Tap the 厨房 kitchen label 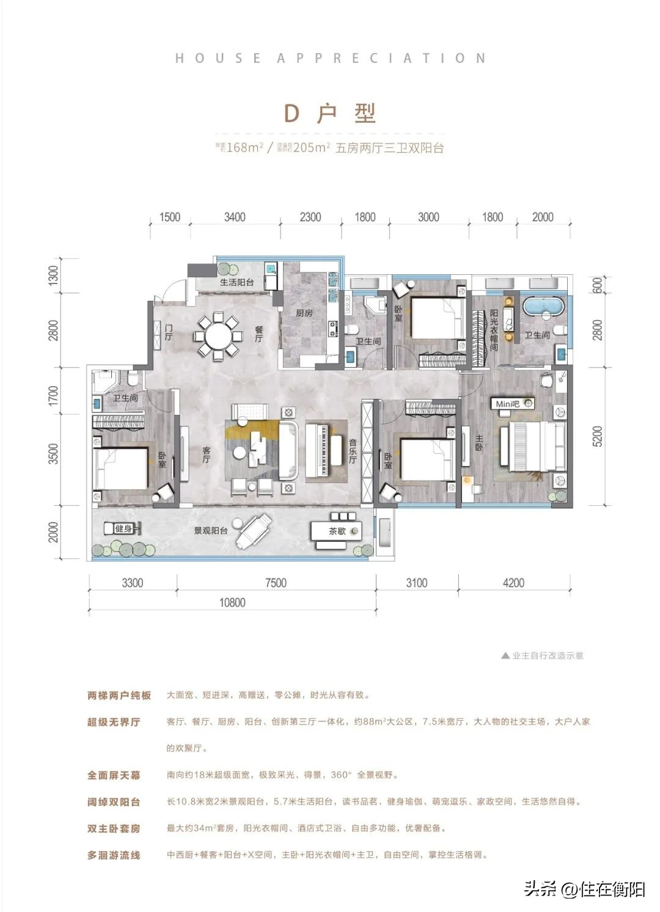[304, 313]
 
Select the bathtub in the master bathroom [543, 305]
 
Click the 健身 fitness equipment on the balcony [123, 528]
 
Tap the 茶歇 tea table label [337, 531]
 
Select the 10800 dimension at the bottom [232, 603]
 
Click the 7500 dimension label [276, 583]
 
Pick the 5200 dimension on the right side [597, 436]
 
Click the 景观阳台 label [210, 531]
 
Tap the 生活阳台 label [237, 283]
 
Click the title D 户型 [330, 114]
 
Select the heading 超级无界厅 [114, 722]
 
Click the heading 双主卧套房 [114, 829]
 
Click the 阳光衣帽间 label [494, 330]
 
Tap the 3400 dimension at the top [235, 217]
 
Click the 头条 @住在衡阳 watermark [584, 889]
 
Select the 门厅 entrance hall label [169, 332]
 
